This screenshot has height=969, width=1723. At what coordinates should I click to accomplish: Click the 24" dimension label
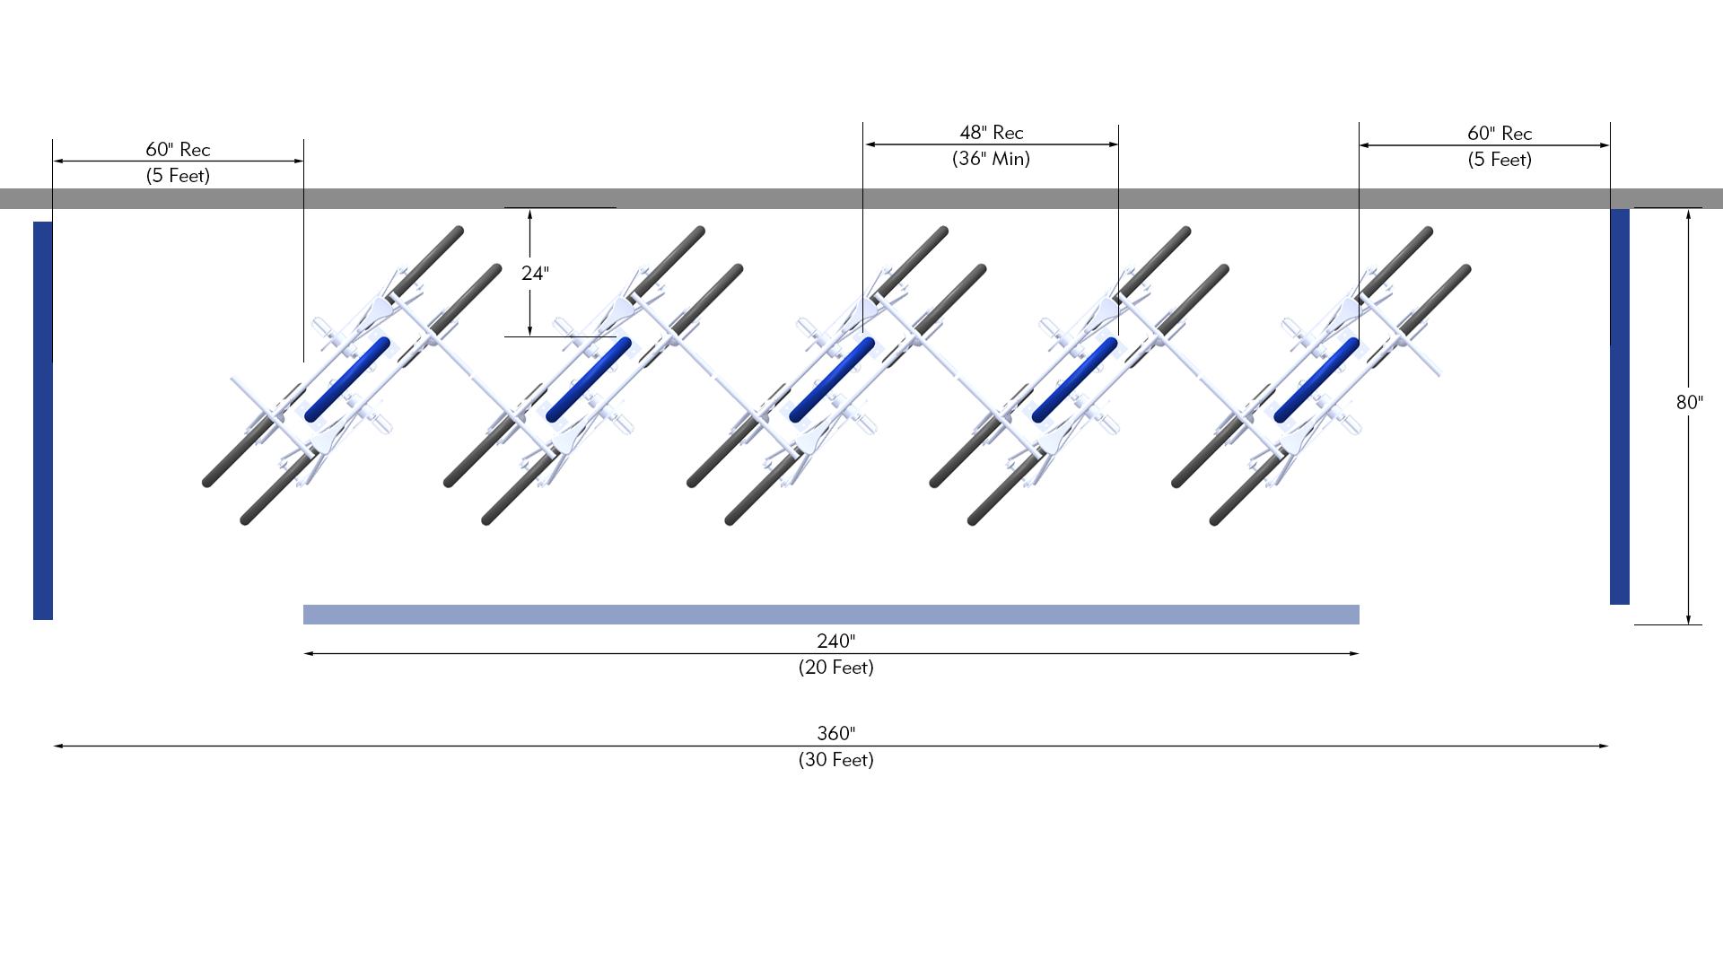coord(535,273)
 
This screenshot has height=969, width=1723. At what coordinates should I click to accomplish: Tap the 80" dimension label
coord(1689,402)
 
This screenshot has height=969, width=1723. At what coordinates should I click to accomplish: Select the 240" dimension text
coord(835,641)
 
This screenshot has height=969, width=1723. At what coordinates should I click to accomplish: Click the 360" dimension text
coord(835,733)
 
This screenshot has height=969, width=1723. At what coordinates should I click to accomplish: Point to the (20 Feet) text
coord(835,668)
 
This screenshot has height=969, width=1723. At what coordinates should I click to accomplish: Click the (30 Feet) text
coord(835,760)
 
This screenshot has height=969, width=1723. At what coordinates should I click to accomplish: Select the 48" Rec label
coord(991,133)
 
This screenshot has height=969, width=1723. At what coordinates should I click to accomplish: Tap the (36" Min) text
coord(991,159)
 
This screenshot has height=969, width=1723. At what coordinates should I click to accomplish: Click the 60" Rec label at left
coord(178,150)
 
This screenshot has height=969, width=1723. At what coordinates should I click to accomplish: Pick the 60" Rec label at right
coord(1499,134)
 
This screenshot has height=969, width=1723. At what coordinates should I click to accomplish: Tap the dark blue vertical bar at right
coord(1619,406)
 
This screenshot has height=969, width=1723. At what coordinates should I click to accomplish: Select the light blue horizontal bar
coord(831,615)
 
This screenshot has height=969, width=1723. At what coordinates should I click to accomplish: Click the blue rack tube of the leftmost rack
coord(347,380)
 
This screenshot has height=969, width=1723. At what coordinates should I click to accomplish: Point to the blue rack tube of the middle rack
coord(832,380)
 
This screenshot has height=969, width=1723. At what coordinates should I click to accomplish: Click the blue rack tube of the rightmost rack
coord(1316,380)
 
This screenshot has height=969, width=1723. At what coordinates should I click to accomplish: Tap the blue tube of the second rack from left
coord(589,380)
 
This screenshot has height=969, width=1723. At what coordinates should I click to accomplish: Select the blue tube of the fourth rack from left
coord(1074,380)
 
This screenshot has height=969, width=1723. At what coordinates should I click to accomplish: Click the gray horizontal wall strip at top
coord(861,198)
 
